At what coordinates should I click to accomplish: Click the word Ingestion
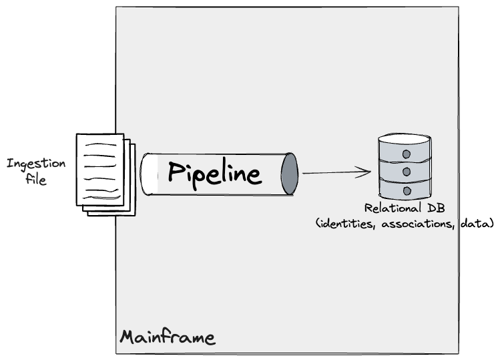[36, 164]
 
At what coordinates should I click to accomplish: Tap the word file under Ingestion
[36, 179]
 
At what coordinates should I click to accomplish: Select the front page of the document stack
[100, 168]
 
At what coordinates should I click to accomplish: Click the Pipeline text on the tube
[214, 173]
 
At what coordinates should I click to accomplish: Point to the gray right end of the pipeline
[289, 174]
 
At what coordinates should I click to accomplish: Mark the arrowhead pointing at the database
[364, 172]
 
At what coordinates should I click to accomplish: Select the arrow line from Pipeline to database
[334, 173]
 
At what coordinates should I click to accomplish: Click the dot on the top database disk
[405, 155]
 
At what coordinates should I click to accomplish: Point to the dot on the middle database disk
[405, 172]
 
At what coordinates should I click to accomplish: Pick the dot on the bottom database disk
[405, 190]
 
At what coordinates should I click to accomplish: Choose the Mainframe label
[168, 337]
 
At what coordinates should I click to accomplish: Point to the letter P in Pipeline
[175, 172]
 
